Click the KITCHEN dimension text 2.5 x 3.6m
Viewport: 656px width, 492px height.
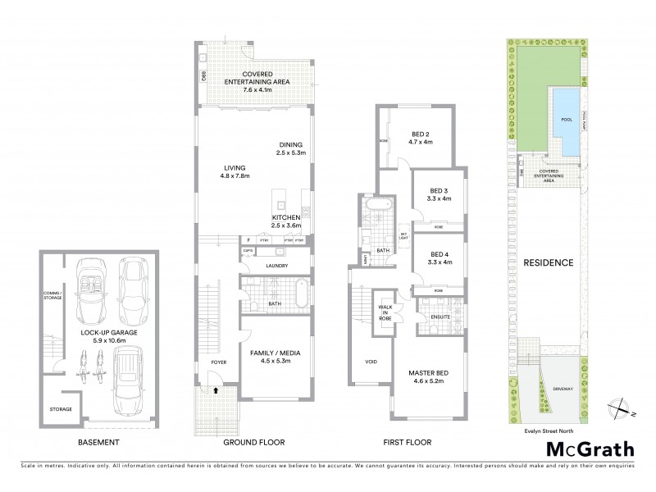tap(288, 225)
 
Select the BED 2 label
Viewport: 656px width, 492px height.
tap(421, 133)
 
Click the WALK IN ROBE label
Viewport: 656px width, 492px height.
tap(384, 311)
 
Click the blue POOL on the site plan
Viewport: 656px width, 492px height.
tap(566, 119)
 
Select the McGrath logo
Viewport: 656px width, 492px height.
tap(592, 449)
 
